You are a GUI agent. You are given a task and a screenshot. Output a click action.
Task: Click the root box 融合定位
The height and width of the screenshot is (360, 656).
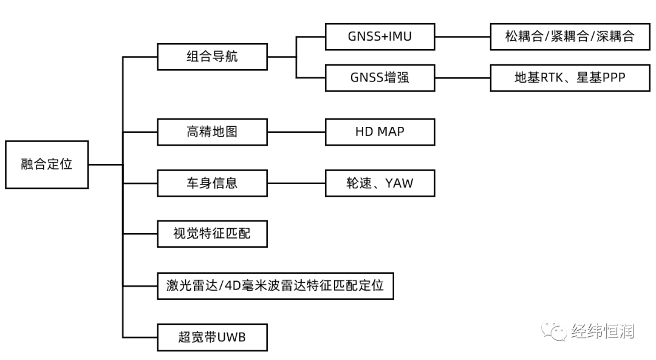pos(47,165)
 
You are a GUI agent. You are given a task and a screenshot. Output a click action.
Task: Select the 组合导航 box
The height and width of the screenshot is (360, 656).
pos(212,57)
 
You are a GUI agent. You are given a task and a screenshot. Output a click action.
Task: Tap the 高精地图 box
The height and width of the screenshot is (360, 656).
pos(212,132)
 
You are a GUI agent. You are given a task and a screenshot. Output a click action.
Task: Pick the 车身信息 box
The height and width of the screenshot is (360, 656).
pos(212,183)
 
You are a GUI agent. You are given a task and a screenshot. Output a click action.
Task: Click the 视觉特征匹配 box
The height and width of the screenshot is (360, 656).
pos(212,234)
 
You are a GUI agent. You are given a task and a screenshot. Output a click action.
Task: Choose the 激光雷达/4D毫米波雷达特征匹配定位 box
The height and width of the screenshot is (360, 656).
pos(275,285)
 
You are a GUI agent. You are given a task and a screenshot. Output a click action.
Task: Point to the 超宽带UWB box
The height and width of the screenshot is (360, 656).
pos(212,337)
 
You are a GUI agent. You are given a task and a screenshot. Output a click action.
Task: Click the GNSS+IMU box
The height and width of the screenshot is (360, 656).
pos(380,36)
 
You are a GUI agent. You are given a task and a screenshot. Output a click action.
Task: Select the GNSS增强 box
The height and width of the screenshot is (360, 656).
pos(380,78)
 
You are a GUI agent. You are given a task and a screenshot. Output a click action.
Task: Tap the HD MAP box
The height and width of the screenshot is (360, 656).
pos(380,132)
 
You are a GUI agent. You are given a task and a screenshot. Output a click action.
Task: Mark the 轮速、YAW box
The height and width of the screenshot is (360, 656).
pos(380,183)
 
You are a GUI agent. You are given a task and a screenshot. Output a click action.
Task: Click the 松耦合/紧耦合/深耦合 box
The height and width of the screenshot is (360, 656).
pos(569,36)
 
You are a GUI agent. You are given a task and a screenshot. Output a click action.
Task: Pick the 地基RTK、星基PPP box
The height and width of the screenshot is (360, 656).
pos(569,78)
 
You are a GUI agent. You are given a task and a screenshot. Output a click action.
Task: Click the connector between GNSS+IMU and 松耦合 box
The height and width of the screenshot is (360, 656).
pos(462,36)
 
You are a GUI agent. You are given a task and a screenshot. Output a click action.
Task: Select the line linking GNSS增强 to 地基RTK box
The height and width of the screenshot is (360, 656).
pos(462,78)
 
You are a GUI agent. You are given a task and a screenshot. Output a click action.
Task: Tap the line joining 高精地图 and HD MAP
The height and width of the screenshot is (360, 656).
pos(296,132)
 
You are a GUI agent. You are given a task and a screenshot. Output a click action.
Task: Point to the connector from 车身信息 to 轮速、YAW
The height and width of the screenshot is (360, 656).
pos(296,183)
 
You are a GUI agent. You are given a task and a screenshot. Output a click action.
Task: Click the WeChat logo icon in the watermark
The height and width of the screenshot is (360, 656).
pos(555,331)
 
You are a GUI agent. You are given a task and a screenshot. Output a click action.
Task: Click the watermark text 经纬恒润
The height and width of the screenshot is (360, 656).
pos(603,331)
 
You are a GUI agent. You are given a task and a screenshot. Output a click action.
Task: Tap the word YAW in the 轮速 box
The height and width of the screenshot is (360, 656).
pos(399,183)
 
